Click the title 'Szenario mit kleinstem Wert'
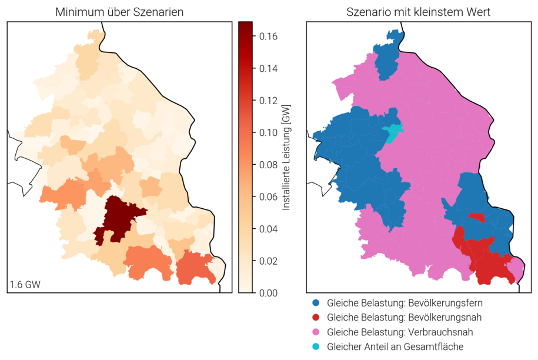(x=419, y=12)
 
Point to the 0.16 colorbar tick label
(x=268, y=36)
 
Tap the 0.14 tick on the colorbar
(x=268, y=68)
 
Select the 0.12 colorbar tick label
(x=268, y=101)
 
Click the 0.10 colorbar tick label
(x=268, y=132)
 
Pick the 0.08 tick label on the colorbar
(x=268, y=165)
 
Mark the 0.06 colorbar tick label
(x=268, y=196)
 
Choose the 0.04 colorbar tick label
(x=268, y=229)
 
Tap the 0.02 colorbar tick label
(x=268, y=261)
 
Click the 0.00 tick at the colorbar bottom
(x=268, y=292)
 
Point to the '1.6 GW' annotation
(x=25, y=285)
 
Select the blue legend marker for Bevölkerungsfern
(x=316, y=304)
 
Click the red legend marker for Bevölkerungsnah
(x=316, y=318)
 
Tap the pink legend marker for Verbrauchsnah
(x=316, y=332)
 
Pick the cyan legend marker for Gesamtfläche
(x=316, y=346)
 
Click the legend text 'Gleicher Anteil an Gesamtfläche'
(x=395, y=346)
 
